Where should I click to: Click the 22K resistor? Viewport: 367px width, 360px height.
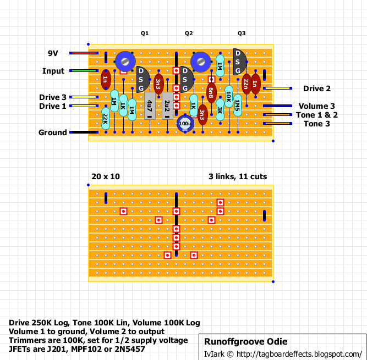coord(106,119)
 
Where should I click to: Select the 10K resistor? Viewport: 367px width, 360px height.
coord(229,97)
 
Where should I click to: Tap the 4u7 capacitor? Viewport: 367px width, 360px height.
coord(150,106)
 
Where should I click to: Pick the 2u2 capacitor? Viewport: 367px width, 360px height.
coord(167,106)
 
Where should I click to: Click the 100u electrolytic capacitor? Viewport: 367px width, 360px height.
coord(185,124)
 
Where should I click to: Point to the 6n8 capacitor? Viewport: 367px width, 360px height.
coord(211,93)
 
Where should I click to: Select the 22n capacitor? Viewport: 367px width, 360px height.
coord(247,84)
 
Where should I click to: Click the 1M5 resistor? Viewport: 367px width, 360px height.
coord(238,106)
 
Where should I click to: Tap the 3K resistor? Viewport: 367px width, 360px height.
coord(220,110)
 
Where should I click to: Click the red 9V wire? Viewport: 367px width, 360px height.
coord(84,53)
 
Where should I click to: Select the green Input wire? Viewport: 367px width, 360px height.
coord(84,70)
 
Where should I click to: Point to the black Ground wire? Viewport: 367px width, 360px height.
coord(84,132)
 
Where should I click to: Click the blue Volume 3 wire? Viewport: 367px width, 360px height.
coord(278,106)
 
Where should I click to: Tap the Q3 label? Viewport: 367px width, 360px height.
coord(242,33)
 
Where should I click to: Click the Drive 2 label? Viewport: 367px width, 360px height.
coord(317,88)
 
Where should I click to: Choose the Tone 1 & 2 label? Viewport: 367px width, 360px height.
coord(317,115)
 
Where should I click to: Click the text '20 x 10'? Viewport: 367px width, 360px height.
coord(106,176)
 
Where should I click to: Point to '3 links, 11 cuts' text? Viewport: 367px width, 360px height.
coord(238,176)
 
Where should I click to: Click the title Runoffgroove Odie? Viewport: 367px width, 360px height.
coord(246,341)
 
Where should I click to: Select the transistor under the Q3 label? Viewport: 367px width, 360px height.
coord(240,62)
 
